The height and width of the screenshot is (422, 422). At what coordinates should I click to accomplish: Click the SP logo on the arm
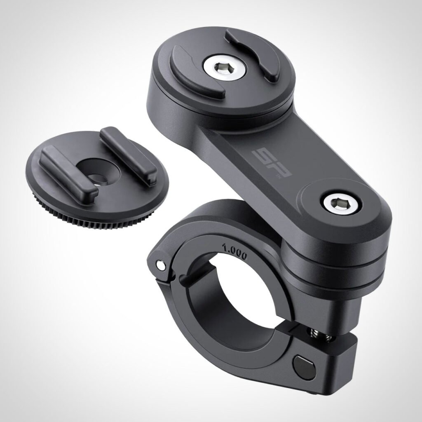point(272,163)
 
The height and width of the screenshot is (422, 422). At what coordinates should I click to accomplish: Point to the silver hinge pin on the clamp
point(161,265)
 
